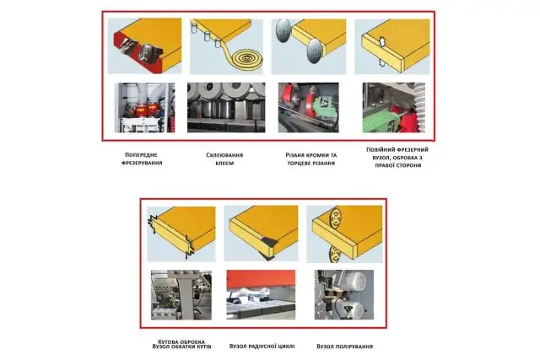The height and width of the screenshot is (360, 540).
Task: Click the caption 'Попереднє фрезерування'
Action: (142, 158)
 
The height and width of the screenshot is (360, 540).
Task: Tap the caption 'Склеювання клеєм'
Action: (224, 158)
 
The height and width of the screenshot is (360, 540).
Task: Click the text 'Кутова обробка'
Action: (181, 340)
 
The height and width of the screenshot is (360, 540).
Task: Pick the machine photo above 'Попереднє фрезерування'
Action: (147, 107)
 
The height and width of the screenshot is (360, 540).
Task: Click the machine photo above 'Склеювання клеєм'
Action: (225, 107)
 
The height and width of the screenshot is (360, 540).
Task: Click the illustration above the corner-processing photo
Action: (181, 231)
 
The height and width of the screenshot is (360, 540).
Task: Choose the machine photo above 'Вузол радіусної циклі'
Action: (261, 295)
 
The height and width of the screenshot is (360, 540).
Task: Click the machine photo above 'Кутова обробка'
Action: (181, 295)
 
